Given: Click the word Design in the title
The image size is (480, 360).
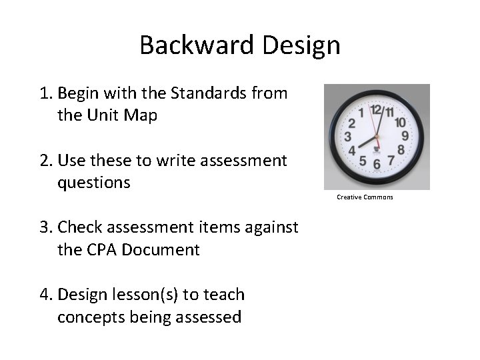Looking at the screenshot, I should pos(301,45).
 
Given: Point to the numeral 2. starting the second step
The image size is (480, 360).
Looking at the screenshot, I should pos(45,161).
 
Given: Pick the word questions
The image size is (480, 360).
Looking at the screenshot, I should pos(94,183).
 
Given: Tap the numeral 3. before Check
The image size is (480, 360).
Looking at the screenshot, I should pos(45,228).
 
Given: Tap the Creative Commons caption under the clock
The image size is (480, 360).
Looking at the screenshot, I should pos(365,197).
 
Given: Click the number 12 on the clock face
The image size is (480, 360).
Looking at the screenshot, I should pos(375,109).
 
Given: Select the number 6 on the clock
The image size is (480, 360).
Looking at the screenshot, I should pos(377,164).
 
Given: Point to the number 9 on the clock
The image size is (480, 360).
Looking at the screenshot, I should pos(405,136).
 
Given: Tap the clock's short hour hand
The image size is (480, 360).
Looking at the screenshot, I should pos(365,142).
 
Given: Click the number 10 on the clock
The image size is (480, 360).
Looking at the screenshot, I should pos(401,122).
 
